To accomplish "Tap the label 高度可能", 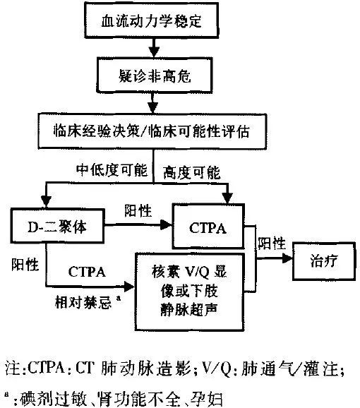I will click(x=190, y=173).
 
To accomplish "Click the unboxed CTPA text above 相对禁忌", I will click(x=88, y=270).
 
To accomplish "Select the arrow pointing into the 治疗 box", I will click(x=282, y=259).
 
